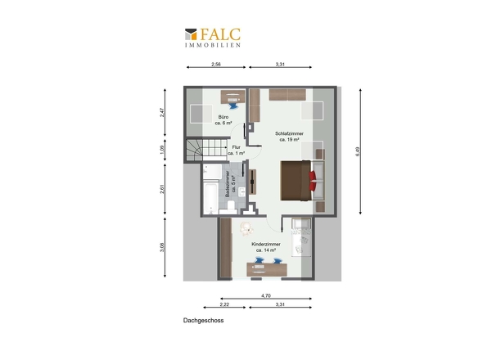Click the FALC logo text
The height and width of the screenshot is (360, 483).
[x=220, y=34]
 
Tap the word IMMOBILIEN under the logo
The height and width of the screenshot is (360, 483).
[x=213, y=45]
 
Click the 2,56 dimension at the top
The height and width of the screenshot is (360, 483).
[x=216, y=65]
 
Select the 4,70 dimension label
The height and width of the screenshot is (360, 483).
[x=266, y=295]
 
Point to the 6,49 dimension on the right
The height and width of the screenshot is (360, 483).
[x=358, y=151]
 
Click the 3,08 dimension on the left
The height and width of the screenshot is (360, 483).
[x=162, y=247]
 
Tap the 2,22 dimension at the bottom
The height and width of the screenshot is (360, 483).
[x=224, y=304]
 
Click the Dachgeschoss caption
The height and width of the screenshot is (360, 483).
[x=203, y=321]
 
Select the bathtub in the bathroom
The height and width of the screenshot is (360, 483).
[x=211, y=198]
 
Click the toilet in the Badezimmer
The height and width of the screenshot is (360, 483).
[x=229, y=207]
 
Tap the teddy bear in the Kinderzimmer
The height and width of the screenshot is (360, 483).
[x=246, y=228]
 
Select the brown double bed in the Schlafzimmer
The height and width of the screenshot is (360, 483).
[x=296, y=181]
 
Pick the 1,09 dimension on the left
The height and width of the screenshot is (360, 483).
[x=162, y=150]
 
